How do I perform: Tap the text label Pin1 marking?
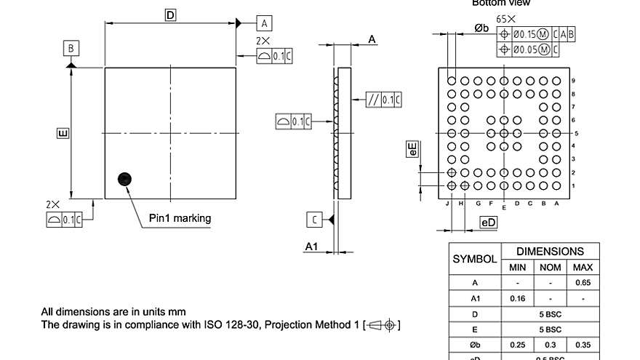(180, 217)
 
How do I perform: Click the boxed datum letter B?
(71, 49)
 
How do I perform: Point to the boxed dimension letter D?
(170, 15)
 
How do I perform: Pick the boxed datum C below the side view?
(314, 219)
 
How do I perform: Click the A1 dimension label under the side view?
(311, 247)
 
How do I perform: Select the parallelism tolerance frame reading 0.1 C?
(384, 100)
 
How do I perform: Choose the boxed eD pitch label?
(489, 222)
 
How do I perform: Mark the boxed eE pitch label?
(412, 150)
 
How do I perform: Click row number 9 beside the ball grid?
(574, 81)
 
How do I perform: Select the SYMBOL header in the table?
(475, 259)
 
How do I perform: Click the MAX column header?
(583, 267)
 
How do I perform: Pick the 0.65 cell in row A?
(583, 282)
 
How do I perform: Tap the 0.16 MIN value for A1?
(516, 298)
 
